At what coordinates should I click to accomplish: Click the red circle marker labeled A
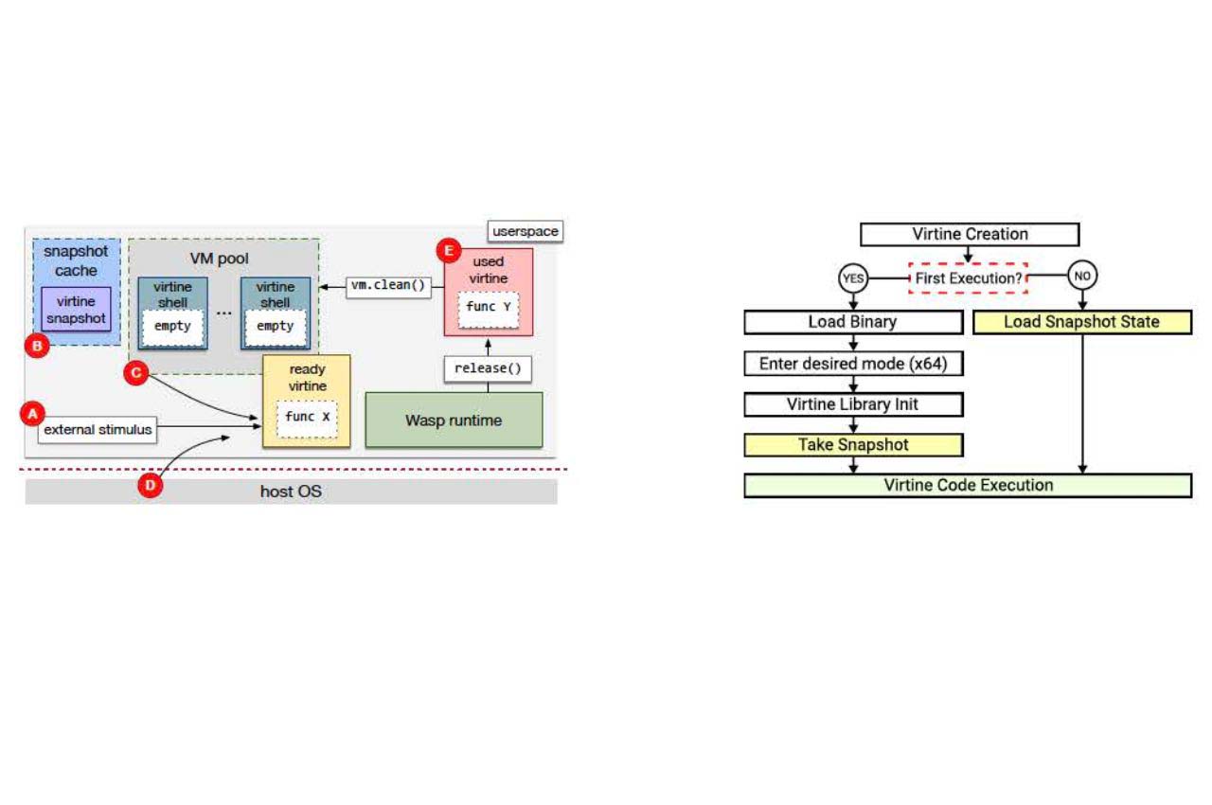click(33, 414)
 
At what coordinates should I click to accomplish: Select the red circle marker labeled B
click(36, 347)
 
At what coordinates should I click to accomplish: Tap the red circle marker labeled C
click(136, 374)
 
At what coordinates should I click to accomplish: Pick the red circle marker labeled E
click(448, 251)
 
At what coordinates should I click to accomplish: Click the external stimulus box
click(98, 430)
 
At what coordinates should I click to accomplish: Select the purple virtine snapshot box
click(76, 311)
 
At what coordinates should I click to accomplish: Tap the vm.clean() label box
click(386, 285)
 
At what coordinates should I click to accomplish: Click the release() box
click(488, 368)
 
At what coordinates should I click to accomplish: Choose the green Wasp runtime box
click(454, 420)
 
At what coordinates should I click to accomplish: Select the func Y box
click(488, 308)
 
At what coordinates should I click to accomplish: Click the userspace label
click(526, 231)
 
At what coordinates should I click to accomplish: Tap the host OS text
click(291, 492)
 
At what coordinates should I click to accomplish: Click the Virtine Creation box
click(970, 234)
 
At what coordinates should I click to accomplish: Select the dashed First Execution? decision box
click(968, 278)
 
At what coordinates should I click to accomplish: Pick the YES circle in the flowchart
click(853, 277)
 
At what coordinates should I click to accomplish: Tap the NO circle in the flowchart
click(1082, 277)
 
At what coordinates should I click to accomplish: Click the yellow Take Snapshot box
click(853, 444)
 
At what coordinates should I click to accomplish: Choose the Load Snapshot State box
click(1081, 322)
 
